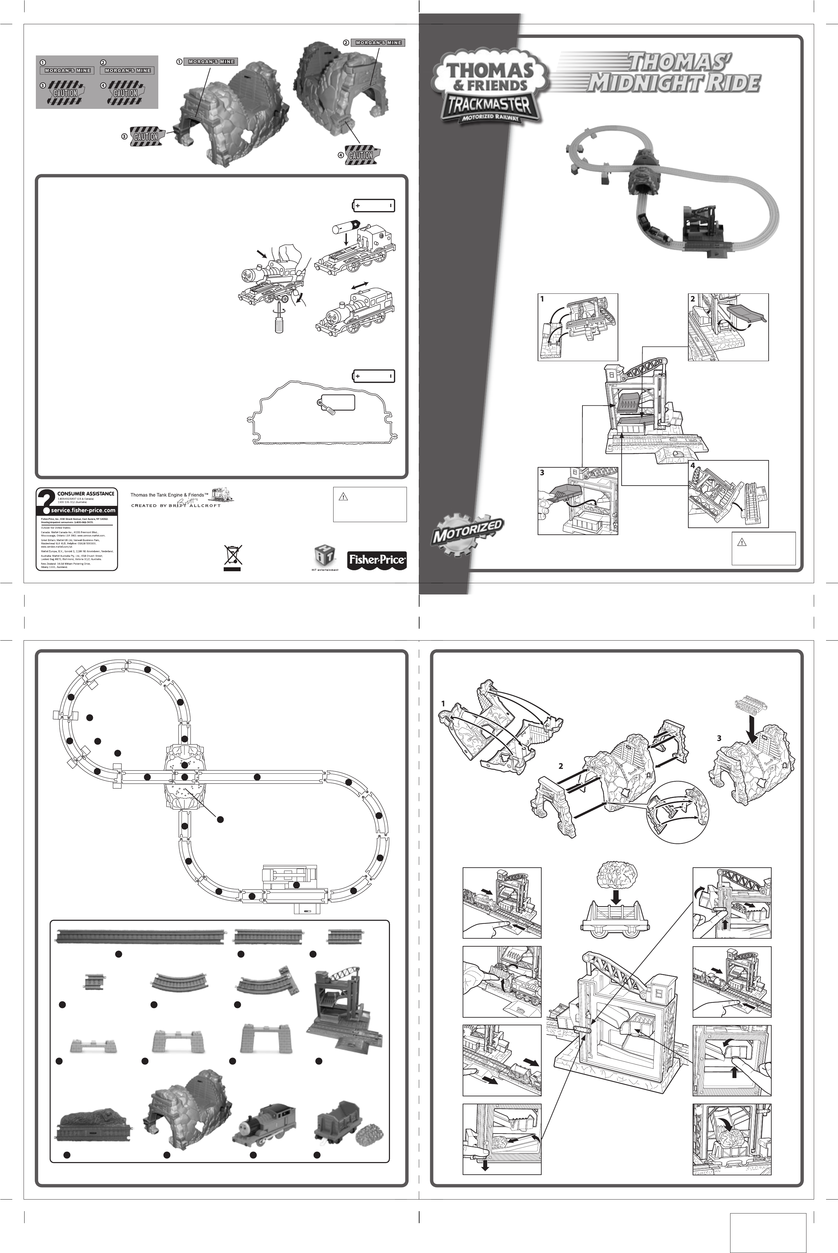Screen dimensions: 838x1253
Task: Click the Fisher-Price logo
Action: (377, 560)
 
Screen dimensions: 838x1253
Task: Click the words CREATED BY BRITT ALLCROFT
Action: (176, 506)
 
